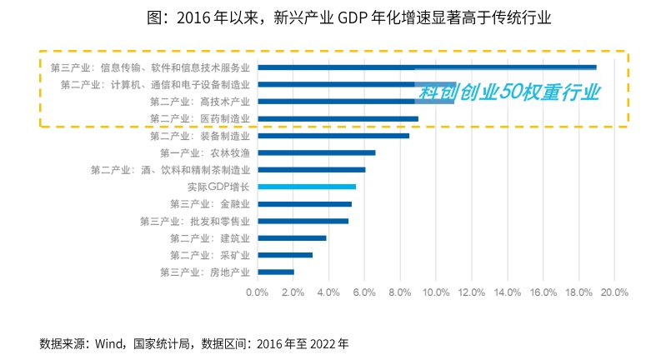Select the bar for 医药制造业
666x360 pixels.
[338, 118]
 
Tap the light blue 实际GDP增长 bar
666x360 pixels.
[307, 187]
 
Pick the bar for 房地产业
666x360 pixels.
[276, 272]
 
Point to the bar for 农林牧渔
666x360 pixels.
[317, 152]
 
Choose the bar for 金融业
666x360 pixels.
[304, 203]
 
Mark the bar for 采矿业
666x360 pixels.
[285, 255]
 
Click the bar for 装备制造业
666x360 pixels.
[333, 135]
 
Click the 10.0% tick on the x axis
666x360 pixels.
[436, 292]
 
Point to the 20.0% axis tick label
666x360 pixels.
[614, 292]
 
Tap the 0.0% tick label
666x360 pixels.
[258, 292]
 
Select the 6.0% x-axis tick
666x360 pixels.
[364, 292]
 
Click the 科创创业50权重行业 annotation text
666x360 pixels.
[509, 92]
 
